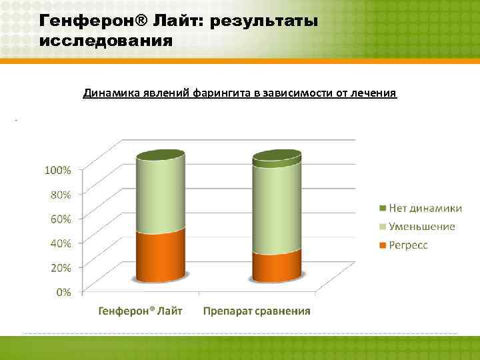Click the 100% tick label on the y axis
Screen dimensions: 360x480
[x=58, y=170]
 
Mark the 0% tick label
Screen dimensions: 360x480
[x=63, y=291]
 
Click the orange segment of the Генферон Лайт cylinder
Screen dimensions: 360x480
[x=160, y=257]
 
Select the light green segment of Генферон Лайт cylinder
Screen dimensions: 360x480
[x=160, y=197]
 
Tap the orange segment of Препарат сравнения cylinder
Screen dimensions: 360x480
[x=277, y=267]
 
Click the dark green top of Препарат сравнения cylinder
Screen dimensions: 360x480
[x=277, y=157]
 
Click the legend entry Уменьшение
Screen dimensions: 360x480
[x=422, y=226]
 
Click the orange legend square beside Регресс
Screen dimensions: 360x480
[x=383, y=245]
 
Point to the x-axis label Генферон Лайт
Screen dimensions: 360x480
[x=141, y=311]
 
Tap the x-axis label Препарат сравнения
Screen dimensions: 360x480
[x=257, y=311]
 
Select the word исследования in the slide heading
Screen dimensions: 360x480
[x=106, y=41]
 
